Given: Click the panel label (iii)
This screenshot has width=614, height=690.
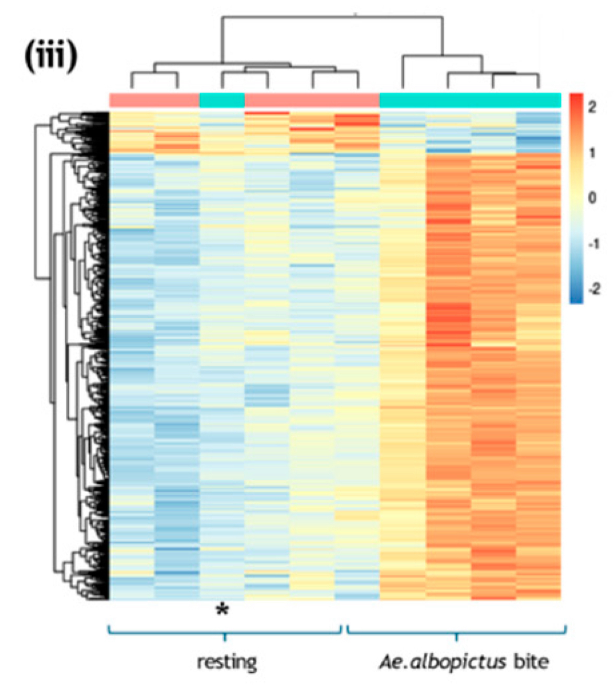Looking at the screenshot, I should pyautogui.click(x=51, y=56).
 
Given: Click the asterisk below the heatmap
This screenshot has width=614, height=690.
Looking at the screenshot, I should pyautogui.click(x=223, y=610).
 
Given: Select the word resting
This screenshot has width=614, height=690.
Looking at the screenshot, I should pyautogui.click(x=227, y=662).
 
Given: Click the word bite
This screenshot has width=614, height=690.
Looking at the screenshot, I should pyautogui.click(x=531, y=662).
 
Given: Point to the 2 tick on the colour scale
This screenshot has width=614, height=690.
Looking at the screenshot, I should pyautogui.click(x=592, y=108).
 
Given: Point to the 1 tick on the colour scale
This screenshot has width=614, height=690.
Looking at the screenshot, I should pyautogui.click(x=592, y=153).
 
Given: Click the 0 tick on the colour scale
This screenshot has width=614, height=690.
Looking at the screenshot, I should pyautogui.click(x=592, y=198).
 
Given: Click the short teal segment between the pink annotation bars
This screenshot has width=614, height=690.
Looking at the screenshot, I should pyautogui.click(x=222, y=100).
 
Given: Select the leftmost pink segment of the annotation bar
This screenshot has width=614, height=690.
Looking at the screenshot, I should pyautogui.click(x=154, y=100).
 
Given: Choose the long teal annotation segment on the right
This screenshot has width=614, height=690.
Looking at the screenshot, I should pyautogui.click(x=470, y=100).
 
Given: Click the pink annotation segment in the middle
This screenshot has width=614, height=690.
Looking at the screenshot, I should pyautogui.click(x=312, y=100).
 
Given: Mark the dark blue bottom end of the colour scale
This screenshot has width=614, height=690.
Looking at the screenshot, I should pyautogui.click(x=576, y=300).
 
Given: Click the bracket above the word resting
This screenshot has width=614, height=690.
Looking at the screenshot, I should pyautogui.click(x=225, y=633).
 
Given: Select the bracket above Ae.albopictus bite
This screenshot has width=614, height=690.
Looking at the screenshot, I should pyautogui.click(x=456, y=633).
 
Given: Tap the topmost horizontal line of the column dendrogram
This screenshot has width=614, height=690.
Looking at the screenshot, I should pyautogui.click(x=332, y=17).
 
